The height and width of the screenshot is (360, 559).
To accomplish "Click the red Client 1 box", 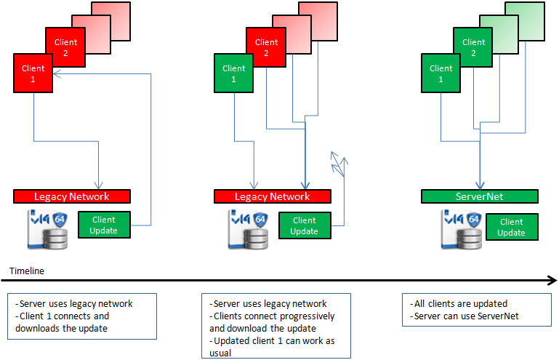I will [x=33, y=73].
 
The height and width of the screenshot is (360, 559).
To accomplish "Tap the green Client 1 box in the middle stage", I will [x=234, y=73].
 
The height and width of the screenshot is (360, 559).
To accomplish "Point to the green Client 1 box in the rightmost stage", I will [x=441, y=73].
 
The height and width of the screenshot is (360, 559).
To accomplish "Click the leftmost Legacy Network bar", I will [x=71, y=196].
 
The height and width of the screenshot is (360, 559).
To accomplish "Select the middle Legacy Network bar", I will [x=272, y=196].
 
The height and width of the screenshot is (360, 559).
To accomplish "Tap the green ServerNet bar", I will [x=479, y=196].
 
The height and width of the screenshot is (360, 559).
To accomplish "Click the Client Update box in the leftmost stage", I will [x=104, y=225].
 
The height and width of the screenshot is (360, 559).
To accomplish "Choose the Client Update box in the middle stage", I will [x=304, y=225].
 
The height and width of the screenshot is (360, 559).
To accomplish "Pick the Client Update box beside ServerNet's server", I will [x=511, y=227].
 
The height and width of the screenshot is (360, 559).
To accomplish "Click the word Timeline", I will [x=27, y=271].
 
